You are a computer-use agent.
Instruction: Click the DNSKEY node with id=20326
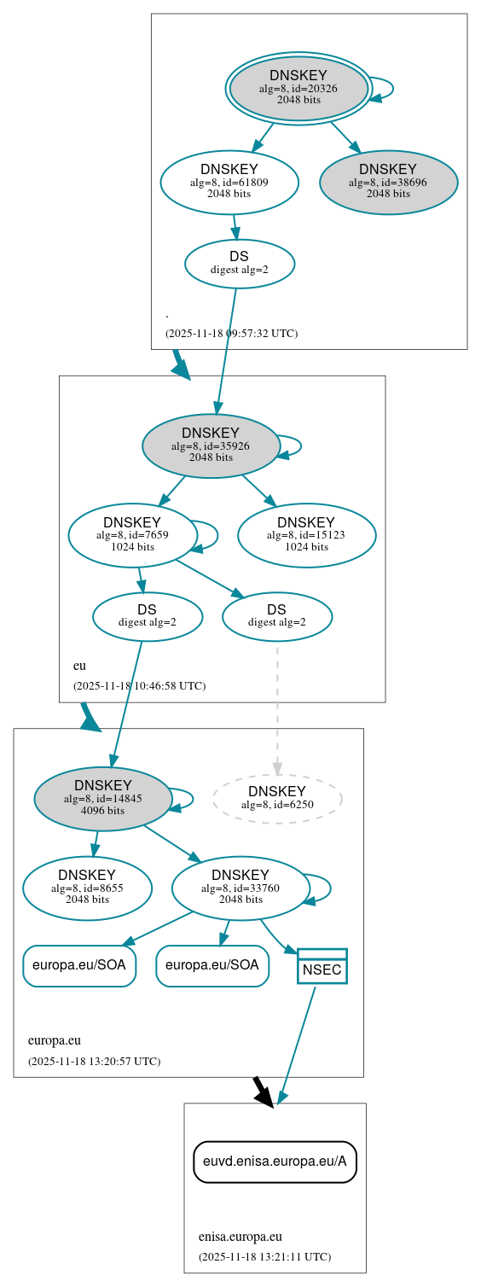298,88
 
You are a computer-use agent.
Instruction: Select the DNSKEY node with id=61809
229,182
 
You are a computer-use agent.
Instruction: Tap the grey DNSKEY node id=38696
388,182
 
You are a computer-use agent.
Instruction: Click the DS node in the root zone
240,263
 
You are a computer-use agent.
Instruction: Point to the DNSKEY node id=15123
306,535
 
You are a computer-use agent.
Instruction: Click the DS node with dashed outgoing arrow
276,615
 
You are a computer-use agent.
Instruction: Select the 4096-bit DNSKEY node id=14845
103,798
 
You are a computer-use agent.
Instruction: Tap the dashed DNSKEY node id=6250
276,798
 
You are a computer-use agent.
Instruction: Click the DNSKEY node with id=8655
87,888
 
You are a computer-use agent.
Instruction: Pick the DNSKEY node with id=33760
240,888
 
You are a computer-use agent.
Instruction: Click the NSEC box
322,966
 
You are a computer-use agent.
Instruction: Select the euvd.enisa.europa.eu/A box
275,1162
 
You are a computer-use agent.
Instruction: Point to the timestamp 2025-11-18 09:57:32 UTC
231,334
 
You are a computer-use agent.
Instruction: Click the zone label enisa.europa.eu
240,1237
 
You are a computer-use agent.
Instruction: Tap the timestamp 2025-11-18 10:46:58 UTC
139,686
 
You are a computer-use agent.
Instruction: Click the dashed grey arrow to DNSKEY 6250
276,708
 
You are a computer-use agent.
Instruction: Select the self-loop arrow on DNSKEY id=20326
384,88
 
